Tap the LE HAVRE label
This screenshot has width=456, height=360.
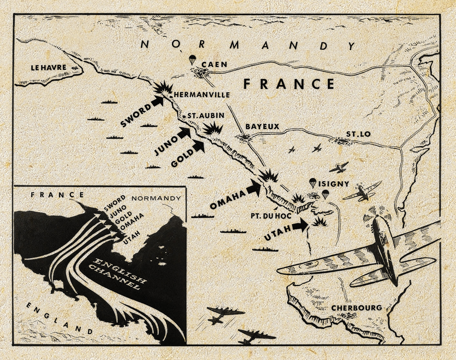pyautogui.click(x=48, y=68)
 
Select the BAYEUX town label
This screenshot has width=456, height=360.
pyautogui.click(x=262, y=127)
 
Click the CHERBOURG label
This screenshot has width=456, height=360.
pyautogui.click(x=357, y=308)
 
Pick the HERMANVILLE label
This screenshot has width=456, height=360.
pyautogui.click(x=202, y=95)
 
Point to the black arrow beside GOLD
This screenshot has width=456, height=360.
pyautogui.click(x=198, y=147)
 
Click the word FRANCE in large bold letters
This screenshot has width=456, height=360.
pyautogui.click(x=289, y=84)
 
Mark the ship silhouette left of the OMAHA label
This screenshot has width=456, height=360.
pyautogui.click(x=203, y=216)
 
